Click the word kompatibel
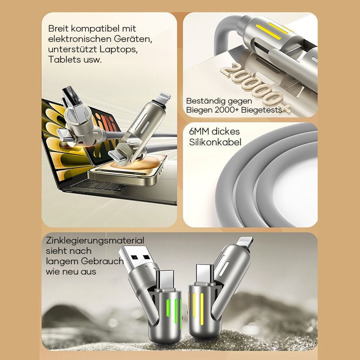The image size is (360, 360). pyautogui.click(x=95, y=29)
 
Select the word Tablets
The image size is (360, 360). pyautogui.click(x=62, y=59)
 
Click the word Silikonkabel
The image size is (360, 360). pyautogui.click(x=215, y=142)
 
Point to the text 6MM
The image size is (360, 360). pyautogui.click(x=199, y=131)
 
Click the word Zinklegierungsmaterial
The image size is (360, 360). pyautogui.click(x=95, y=241)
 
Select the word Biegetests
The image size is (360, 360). pyautogui.click(x=261, y=110)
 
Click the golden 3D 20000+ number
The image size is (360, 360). pyautogui.click(x=255, y=88)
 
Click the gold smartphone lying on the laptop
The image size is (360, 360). pyautogui.click(x=126, y=170)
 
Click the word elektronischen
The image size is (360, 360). pyautogui.click(x=80, y=39)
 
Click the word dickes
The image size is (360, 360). pyautogui.click(x=225, y=131)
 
